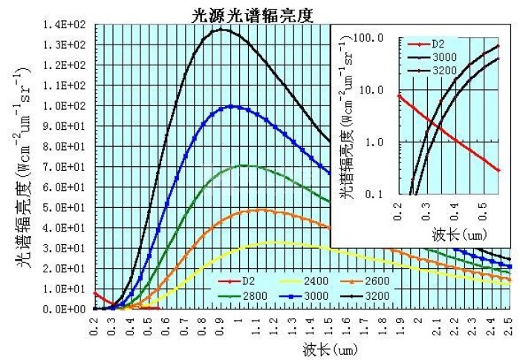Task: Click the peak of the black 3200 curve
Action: tap(221, 29)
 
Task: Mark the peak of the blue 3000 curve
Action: tap(233, 105)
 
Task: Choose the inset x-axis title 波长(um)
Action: tap(455, 234)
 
